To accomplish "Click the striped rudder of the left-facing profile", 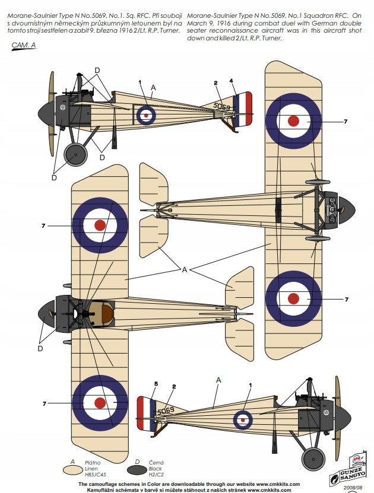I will [x=243, y=109].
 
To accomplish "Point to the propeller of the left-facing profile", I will [x=50, y=110].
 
